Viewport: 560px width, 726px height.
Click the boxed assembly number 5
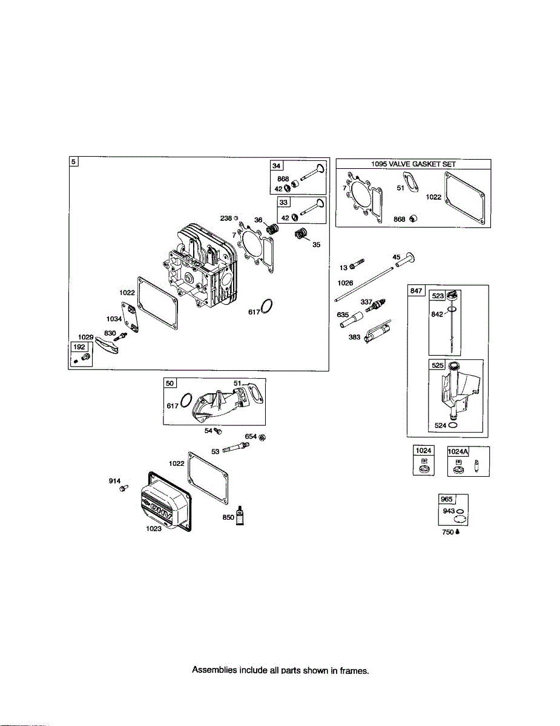click(x=73, y=162)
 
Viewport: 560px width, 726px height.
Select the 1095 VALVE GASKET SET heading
click(x=413, y=164)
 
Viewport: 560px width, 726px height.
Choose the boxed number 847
click(x=416, y=290)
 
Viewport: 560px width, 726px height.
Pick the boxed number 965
click(x=446, y=500)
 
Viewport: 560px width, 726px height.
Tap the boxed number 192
click(x=79, y=347)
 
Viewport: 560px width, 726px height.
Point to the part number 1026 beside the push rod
click(x=345, y=283)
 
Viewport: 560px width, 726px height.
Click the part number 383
click(x=355, y=338)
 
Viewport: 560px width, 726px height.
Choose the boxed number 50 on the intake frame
click(x=170, y=384)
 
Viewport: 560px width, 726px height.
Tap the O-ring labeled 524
click(x=453, y=425)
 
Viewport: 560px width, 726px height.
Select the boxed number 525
click(x=437, y=365)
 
